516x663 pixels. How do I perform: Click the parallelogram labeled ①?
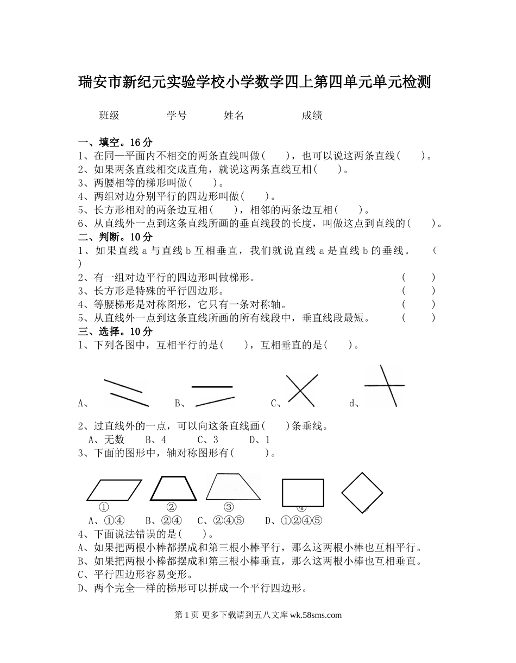coord(114,490)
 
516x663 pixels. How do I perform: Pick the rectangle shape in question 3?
coord(303,493)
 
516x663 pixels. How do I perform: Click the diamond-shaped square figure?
coord(362,493)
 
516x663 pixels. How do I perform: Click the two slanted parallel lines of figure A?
coord(125,392)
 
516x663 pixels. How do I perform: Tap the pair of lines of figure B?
coord(213,394)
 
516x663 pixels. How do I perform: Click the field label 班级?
coord(109,115)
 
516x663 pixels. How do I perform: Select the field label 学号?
coord(177,115)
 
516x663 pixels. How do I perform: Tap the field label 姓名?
coord(234,115)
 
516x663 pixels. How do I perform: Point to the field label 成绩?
coord(312,115)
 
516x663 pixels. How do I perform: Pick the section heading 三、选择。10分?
coord(115,331)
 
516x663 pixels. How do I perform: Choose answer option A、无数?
coord(106,439)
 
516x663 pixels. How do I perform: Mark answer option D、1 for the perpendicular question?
coord(260,439)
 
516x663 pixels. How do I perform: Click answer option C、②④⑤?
coord(221,521)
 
